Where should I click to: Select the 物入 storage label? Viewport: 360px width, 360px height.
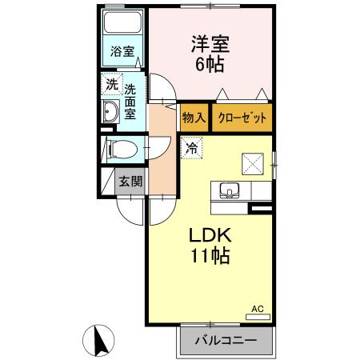[x=194, y=118]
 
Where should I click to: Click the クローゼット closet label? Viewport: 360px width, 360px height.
[x=241, y=118]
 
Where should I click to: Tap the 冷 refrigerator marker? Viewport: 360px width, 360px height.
[x=192, y=146]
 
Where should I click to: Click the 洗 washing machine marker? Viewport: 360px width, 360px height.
[x=110, y=83]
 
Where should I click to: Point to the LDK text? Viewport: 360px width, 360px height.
[x=210, y=236]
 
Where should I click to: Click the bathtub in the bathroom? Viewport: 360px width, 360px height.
[x=122, y=25]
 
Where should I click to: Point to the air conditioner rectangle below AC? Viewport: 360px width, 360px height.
[x=258, y=317]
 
